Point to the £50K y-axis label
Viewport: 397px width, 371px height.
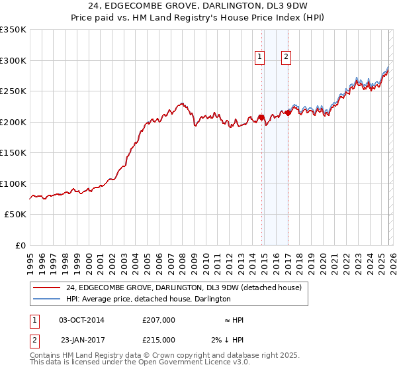15,215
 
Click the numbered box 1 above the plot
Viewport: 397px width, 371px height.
259,58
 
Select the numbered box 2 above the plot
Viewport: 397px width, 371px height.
286,58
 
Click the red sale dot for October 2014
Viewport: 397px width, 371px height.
261,118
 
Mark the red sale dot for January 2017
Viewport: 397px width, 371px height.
288,113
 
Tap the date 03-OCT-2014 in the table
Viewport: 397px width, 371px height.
81,320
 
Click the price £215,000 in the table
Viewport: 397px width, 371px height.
159,340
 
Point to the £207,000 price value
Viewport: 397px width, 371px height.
159,320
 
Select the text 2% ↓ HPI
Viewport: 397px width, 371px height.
228,340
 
